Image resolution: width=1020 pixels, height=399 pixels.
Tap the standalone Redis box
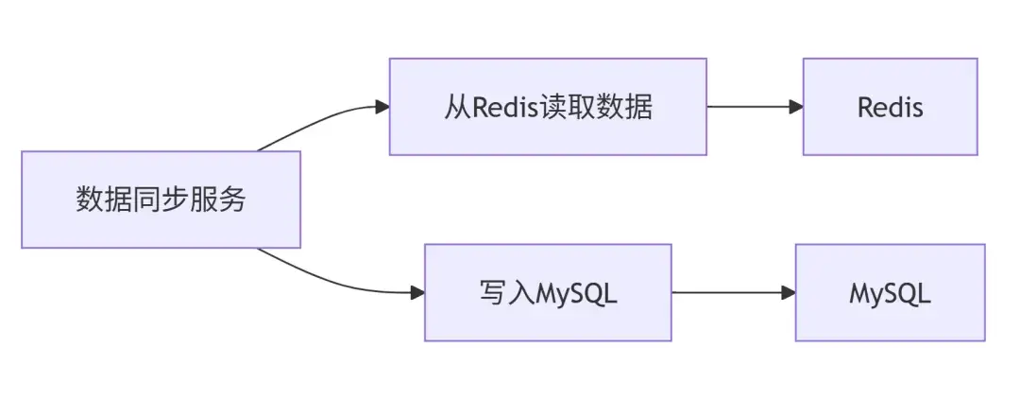890,107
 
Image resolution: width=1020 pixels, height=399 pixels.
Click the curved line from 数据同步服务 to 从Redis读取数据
312,120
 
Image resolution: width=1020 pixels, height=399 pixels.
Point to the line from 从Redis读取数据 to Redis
751,107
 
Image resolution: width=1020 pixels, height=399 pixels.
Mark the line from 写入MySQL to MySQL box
727,293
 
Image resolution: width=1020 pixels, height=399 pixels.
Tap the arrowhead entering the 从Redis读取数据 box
382,107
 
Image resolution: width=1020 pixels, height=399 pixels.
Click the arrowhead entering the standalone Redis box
796,107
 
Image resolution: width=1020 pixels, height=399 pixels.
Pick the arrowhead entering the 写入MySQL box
417,293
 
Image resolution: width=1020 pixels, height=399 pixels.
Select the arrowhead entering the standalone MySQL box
789,293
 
